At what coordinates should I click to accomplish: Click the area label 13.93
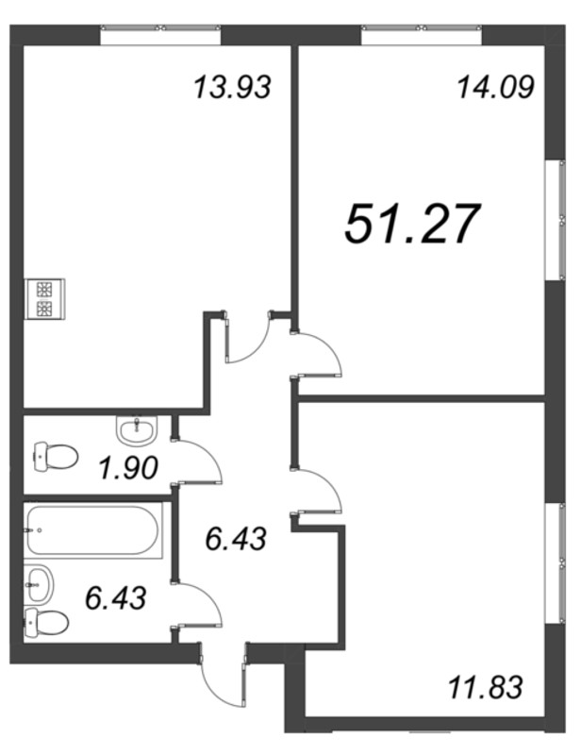[233, 88]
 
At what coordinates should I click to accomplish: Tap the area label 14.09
[495, 88]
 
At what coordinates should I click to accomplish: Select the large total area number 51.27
[412, 224]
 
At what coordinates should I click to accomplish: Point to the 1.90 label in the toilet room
[128, 468]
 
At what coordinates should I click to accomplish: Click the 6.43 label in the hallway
[236, 538]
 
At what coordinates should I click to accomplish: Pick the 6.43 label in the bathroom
[115, 598]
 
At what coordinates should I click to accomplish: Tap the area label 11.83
[485, 687]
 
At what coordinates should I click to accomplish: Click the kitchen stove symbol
[44, 298]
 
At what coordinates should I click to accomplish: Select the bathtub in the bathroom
[92, 530]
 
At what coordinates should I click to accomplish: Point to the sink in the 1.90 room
[137, 429]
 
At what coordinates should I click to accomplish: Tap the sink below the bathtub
[39, 584]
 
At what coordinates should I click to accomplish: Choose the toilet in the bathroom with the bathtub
[46, 622]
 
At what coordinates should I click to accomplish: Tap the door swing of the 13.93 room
[249, 337]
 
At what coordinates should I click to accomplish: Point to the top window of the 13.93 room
[160, 35]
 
